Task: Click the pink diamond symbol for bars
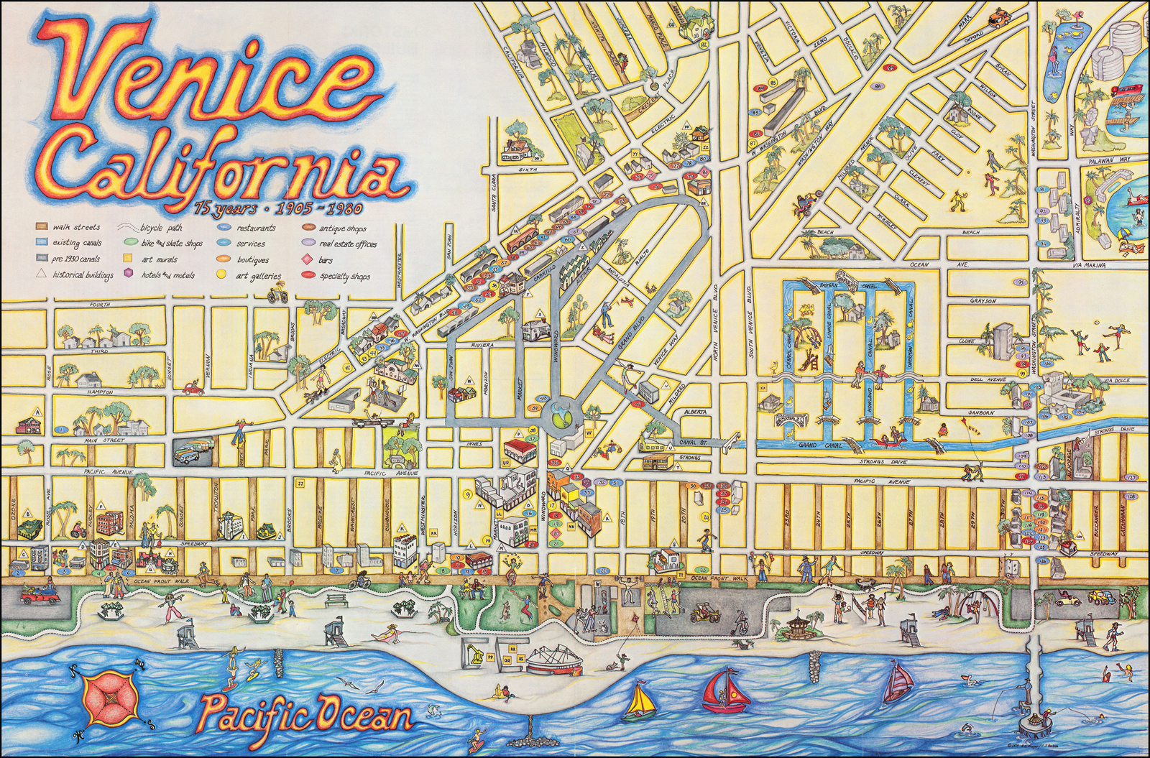pos(307,259)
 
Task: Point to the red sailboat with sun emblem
pos(726,690)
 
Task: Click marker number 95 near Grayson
pos(1021,283)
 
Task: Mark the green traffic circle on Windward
pos(562,415)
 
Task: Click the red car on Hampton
pos(193,389)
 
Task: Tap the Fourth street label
pos(99,305)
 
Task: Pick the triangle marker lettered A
pos(37,412)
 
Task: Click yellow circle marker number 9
pos(467,494)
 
